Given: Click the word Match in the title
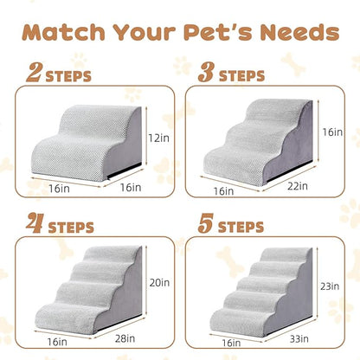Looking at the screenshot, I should click(x=67, y=32).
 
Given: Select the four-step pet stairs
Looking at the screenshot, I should click(x=87, y=286).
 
